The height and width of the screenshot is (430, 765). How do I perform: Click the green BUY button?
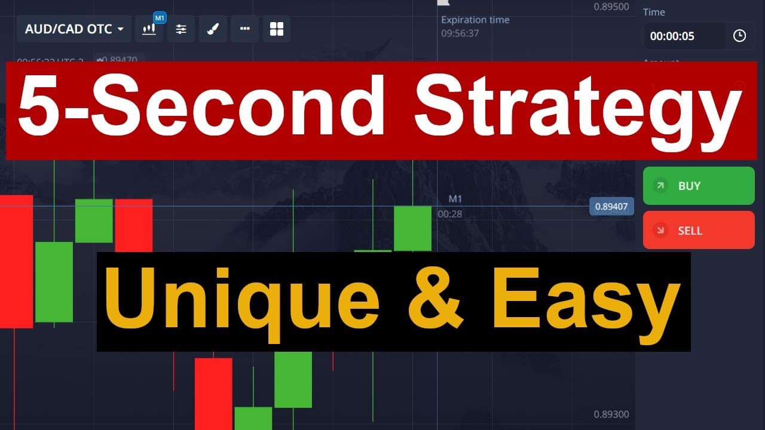(x=698, y=186)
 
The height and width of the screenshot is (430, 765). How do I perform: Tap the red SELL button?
(x=698, y=231)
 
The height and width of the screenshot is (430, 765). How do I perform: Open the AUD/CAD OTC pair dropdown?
(x=74, y=29)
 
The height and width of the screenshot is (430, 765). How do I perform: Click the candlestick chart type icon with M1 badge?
(x=149, y=29)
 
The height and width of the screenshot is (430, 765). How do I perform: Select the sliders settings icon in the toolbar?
(x=181, y=29)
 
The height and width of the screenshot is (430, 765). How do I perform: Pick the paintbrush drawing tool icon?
(x=213, y=29)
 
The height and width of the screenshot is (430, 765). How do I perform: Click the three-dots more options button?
(x=244, y=29)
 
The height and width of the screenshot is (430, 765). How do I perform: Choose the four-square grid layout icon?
(x=276, y=29)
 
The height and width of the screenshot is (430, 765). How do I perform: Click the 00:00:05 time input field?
(x=684, y=36)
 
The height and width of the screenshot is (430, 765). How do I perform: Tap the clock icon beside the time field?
(x=739, y=36)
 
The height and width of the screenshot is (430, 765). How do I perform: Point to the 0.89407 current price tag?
(x=611, y=207)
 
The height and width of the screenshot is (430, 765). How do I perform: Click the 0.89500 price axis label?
(x=611, y=7)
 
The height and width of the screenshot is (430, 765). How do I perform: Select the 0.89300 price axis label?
(x=611, y=414)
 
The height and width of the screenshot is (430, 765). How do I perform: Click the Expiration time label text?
(x=475, y=20)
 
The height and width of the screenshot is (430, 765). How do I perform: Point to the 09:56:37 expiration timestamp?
(x=460, y=33)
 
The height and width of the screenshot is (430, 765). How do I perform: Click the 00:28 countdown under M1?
(x=450, y=213)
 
